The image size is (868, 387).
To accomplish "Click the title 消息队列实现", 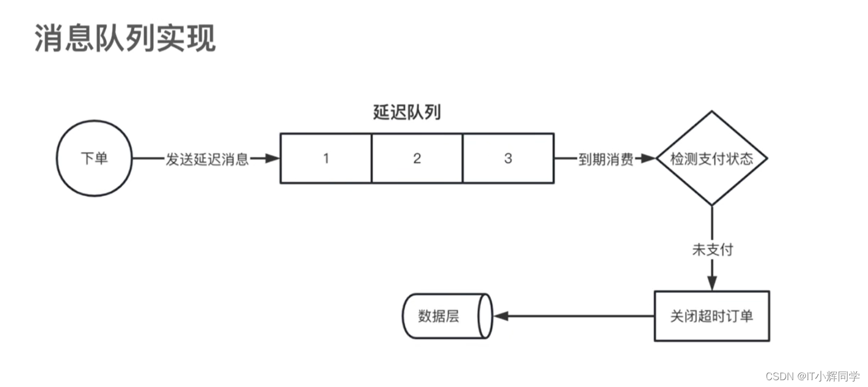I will [x=125, y=39].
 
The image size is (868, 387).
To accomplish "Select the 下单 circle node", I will [x=94, y=159].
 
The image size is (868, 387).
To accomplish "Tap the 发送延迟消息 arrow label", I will [x=207, y=159].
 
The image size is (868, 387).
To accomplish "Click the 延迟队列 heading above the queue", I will [x=407, y=113].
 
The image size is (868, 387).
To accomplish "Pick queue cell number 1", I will [x=326, y=159].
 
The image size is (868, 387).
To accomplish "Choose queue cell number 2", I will [x=417, y=159].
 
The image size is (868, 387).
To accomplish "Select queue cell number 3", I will [x=508, y=159].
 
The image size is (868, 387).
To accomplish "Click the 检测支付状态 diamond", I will [x=712, y=159].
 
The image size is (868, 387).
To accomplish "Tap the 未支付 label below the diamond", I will [x=712, y=249].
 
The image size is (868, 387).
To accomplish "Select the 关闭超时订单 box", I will [x=712, y=316].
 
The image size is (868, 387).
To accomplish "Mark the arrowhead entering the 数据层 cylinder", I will [x=500, y=316].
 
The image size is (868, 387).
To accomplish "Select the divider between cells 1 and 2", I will [x=372, y=159].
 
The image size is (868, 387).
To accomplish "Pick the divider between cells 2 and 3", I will [x=463, y=159].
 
